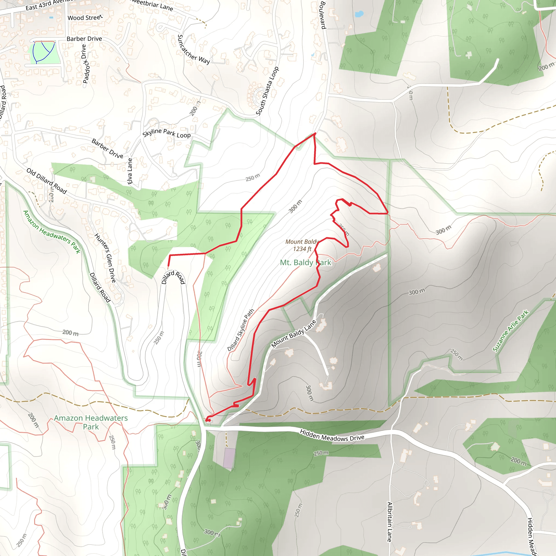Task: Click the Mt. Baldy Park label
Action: pos(305,263)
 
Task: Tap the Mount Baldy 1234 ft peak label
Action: pos(302,245)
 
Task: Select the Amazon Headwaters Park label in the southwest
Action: pos(91,422)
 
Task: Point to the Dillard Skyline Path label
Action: pos(241,330)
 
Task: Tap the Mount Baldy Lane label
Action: pos(293,334)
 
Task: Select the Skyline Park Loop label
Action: pos(166,133)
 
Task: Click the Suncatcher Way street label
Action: pos(193,49)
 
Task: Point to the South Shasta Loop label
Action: pos(267,91)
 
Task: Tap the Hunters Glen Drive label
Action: pos(105,258)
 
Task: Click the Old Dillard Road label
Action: pos(47,181)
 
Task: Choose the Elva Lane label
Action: pos(130,171)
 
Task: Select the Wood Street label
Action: pos(85,18)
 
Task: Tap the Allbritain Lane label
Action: pos(389,522)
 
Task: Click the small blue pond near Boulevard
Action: pos(359,14)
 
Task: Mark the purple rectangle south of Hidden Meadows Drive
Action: pos(229,457)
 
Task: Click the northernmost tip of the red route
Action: pos(315,133)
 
